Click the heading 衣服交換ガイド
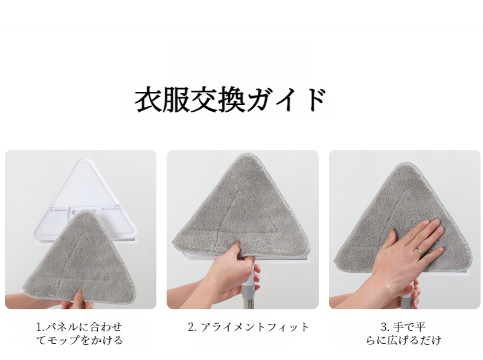pyautogui.click(x=231, y=100)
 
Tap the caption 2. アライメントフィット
pyautogui.click(x=248, y=327)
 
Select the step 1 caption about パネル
pyautogui.click(x=80, y=333)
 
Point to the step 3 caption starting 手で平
pyautogui.click(x=403, y=333)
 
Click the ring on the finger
pyautogui.click(x=420, y=251)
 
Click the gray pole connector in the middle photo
pyautogui.click(x=249, y=291)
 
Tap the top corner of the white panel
pyautogui.click(x=84, y=159)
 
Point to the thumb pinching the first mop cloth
pyautogui.click(x=80, y=297)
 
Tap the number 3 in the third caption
pyautogui.click(x=383, y=327)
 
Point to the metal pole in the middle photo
pyautogui.click(x=249, y=303)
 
